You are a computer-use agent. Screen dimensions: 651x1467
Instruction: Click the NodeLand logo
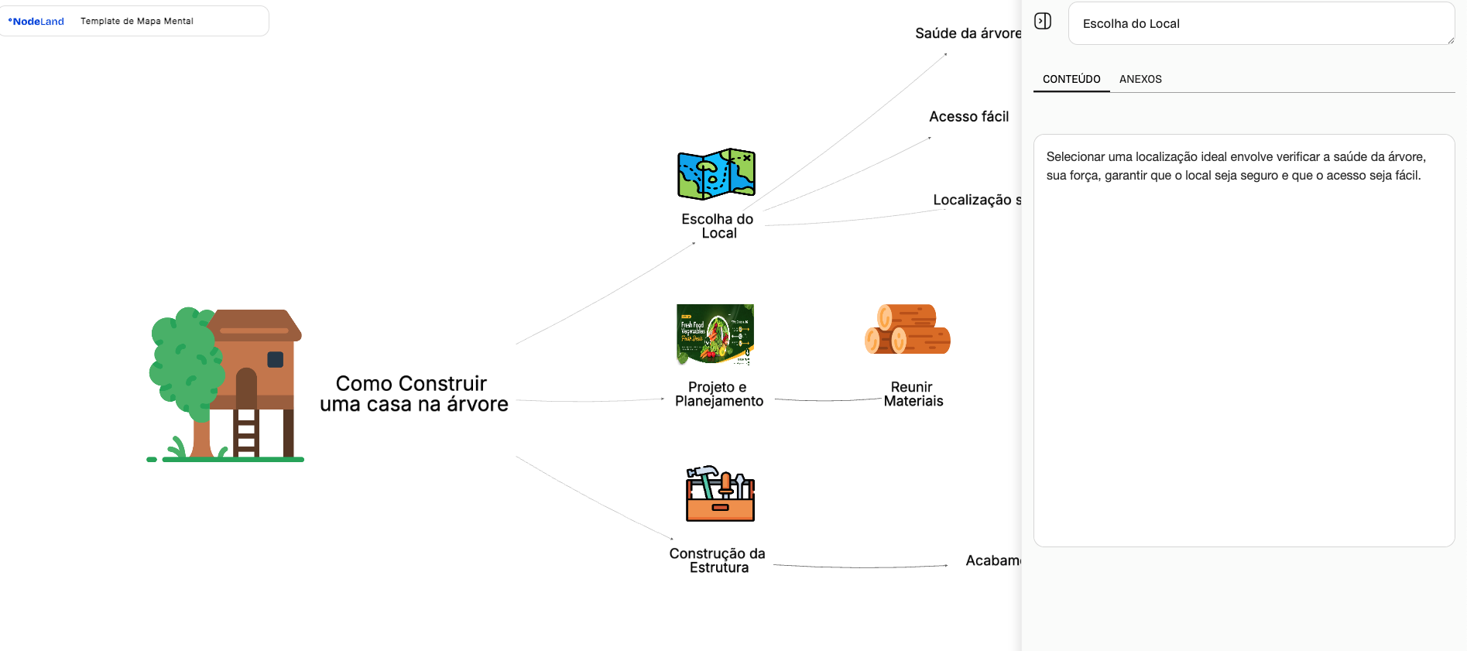36,22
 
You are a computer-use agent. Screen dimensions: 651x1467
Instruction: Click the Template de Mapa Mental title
136,22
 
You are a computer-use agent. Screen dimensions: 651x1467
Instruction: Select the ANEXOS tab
1140,79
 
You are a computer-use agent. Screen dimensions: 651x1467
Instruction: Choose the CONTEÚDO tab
1071,79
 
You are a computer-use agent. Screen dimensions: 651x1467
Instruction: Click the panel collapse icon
1043,21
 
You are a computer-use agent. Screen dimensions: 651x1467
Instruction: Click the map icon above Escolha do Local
716,174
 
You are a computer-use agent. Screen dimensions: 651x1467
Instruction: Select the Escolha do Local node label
718,226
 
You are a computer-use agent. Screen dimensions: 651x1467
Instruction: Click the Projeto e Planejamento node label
718,394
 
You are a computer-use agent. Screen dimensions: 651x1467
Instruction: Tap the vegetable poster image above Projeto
715,334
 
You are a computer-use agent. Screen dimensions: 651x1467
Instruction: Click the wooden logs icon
907,329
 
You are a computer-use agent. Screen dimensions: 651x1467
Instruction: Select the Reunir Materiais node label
913,394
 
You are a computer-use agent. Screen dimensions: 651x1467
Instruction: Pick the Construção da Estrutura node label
718,560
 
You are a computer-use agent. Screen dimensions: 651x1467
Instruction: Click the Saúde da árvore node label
968,33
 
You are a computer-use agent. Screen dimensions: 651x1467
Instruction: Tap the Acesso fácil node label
968,117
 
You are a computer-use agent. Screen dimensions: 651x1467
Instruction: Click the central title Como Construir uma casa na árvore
413,394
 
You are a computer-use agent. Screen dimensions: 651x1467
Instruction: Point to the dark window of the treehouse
275,359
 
